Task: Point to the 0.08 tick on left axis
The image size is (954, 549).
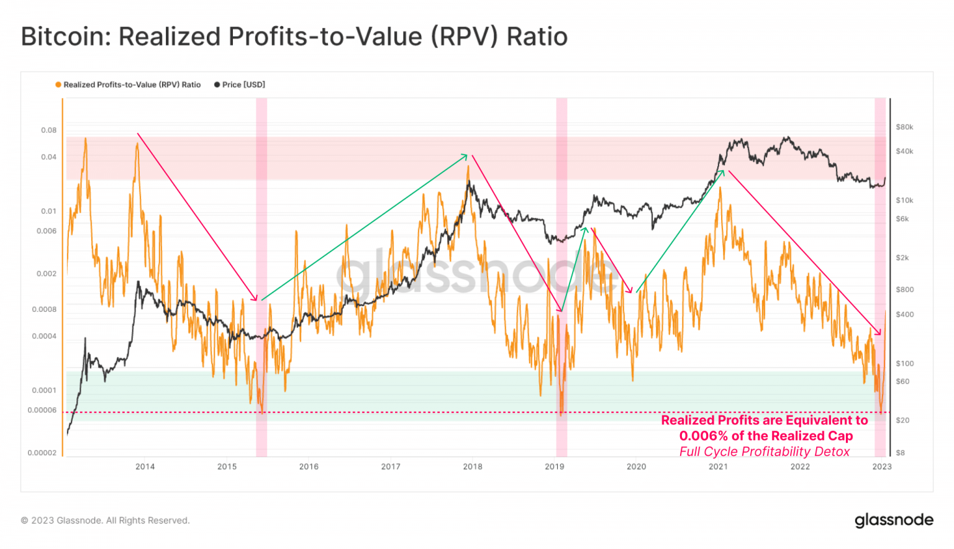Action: [x=48, y=130]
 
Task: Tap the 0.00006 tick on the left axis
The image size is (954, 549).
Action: [x=42, y=411]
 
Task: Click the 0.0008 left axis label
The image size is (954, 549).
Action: [x=44, y=309]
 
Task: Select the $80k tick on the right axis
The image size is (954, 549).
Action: [x=904, y=127]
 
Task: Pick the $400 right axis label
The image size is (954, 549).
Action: [x=904, y=315]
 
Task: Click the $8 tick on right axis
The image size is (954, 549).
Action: [x=900, y=453]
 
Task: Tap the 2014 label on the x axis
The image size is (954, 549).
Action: [x=145, y=467]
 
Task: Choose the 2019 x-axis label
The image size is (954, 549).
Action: [x=554, y=467]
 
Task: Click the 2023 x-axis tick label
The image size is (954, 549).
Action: [x=881, y=467]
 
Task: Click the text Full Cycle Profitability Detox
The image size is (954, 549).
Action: [x=764, y=452]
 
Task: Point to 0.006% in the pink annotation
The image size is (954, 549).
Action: [x=703, y=436]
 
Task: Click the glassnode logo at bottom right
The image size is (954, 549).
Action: [x=893, y=520]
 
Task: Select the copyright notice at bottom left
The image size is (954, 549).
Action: [x=105, y=520]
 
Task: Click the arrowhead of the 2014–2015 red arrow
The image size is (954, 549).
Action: [x=255, y=299]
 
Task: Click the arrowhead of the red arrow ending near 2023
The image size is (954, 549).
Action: [x=879, y=333]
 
